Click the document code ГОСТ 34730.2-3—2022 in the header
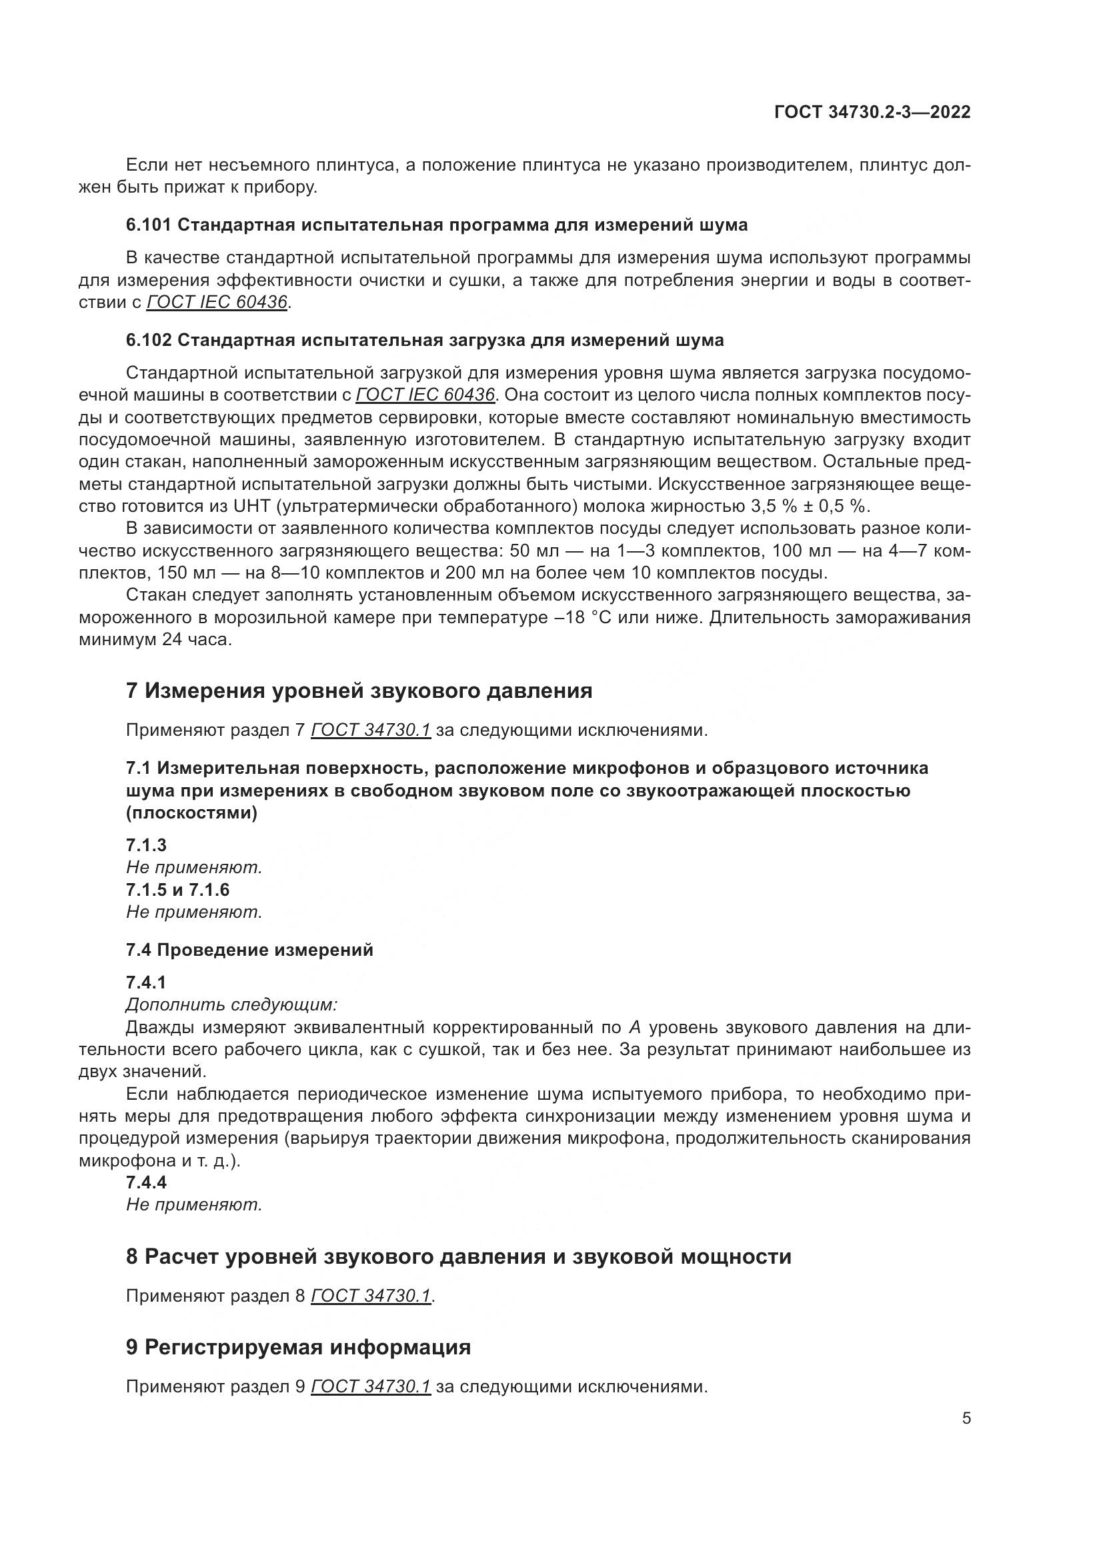click(872, 112)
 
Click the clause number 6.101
click(149, 225)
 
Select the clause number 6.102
click(149, 340)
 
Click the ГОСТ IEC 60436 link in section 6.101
click(217, 302)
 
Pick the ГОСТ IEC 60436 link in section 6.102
click(425, 395)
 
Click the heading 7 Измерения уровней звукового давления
click(359, 691)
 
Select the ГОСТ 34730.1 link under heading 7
click(371, 731)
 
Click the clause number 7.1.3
click(146, 844)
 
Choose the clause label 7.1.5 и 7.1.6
click(178, 890)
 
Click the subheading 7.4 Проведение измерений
click(249, 950)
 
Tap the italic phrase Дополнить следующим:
click(231, 1004)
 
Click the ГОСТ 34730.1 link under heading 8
click(371, 1296)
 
